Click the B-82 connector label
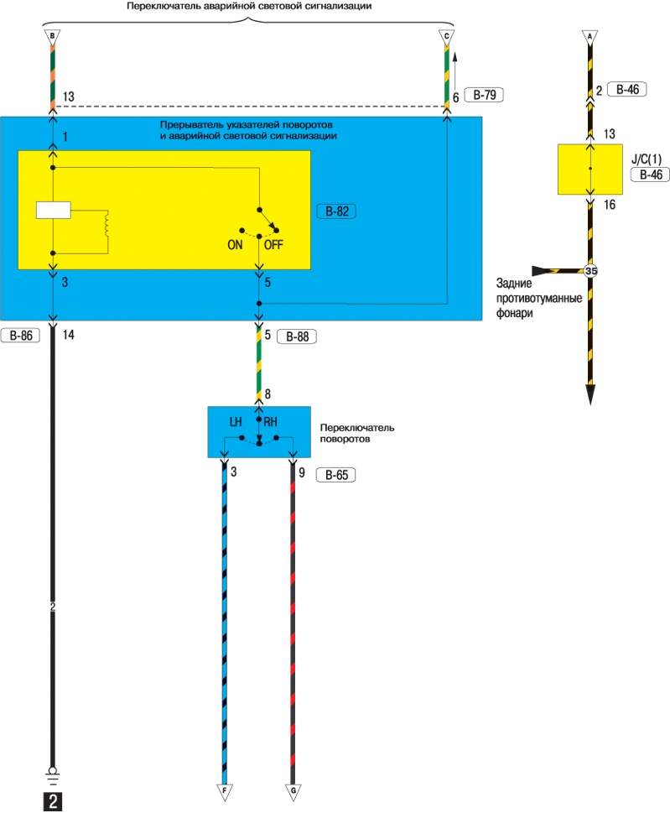pyautogui.click(x=336, y=211)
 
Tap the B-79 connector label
pyautogui.click(x=484, y=95)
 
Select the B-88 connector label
pyautogui.click(x=297, y=336)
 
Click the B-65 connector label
pyautogui.click(x=335, y=475)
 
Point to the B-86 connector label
pyautogui.click(x=21, y=336)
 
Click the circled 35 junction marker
pyautogui.click(x=590, y=271)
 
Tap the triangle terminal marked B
pyautogui.click(x=52, y=37)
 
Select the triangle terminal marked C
pyautogui.click(x=447, y=37)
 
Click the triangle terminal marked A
pyautogui.click(x=589, y=37)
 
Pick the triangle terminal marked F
pyautogui.click(x=225, y=792)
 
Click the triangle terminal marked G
pyautogui.click(x=293, y=792)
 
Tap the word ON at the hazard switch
pyautogui.click(x=235, y=245)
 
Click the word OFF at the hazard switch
pyautogui.click(x=273, y=245)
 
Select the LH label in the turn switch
pyautogui.click(x=236, y=422)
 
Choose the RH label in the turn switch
pyautogui.click(x=271, y=422)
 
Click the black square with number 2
pyautogui.click(x=52, y=801)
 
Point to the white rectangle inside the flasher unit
pyautogui.click(x=54, y=210)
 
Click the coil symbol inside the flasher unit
pyautogui.click(x=106, y=224)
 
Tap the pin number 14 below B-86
pyautogui.click(x=69, y=335)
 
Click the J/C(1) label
pyautogui.click(x=647, y=159)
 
